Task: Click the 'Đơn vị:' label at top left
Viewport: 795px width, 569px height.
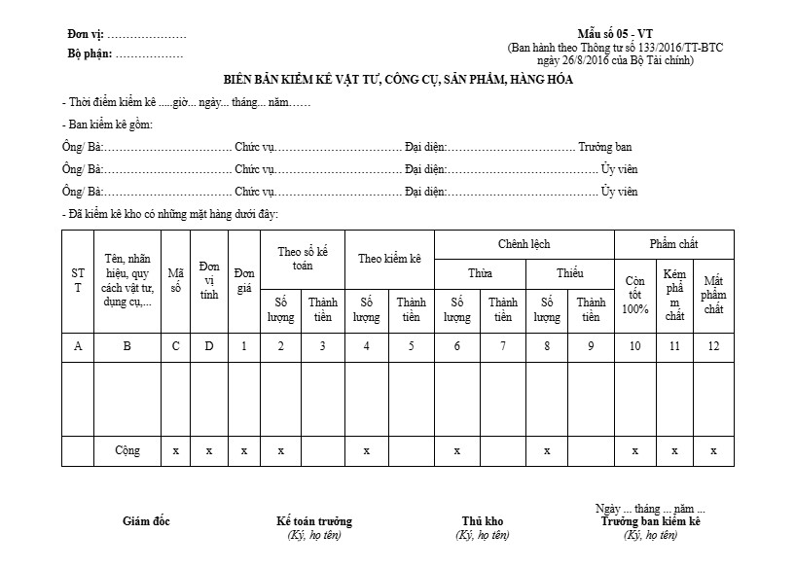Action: [x=86, y=35]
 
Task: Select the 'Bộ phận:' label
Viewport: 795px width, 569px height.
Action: [x=89, y=53]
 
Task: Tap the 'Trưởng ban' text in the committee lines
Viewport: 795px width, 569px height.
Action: [x=605, y=148]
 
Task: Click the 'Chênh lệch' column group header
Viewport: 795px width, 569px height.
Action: [x=524, y=244]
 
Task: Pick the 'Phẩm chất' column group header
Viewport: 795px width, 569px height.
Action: [x=673, y=244]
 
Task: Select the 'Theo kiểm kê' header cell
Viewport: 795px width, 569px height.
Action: [x=389, y=259]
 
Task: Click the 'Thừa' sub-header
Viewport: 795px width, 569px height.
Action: [x=480, y=273]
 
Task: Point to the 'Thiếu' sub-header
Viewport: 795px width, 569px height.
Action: [x=569, y=273]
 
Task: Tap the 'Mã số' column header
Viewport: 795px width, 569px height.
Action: [x=175, y=281]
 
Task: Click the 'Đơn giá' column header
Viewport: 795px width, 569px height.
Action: [x=244, y=280]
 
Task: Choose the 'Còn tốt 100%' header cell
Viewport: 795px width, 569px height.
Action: [x=634, y=295]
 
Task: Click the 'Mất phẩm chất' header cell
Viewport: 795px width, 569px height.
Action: [x=713, y=295]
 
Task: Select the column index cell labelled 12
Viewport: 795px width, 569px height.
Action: [x=713, y=346]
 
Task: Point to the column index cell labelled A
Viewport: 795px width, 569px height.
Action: [x=78, y=346]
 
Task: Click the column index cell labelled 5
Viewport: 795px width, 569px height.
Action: [x=411, y=346]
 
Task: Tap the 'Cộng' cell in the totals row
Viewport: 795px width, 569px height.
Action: [x=127, y=451]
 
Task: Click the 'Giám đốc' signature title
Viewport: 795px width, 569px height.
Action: [x=146, y=521]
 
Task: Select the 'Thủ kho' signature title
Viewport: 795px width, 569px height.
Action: [x=482, y=521]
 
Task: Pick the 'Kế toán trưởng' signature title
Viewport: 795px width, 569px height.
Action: [x=314, y=521]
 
